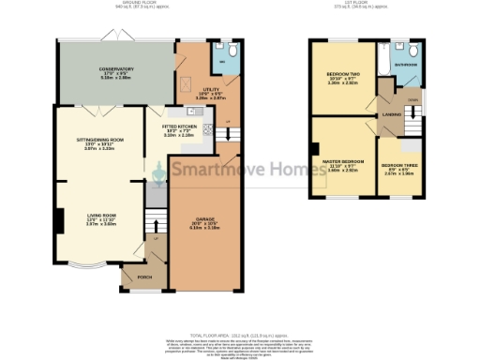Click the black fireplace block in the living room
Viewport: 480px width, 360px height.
58,221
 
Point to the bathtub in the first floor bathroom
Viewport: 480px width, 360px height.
382,61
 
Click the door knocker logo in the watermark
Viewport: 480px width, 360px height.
159,170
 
